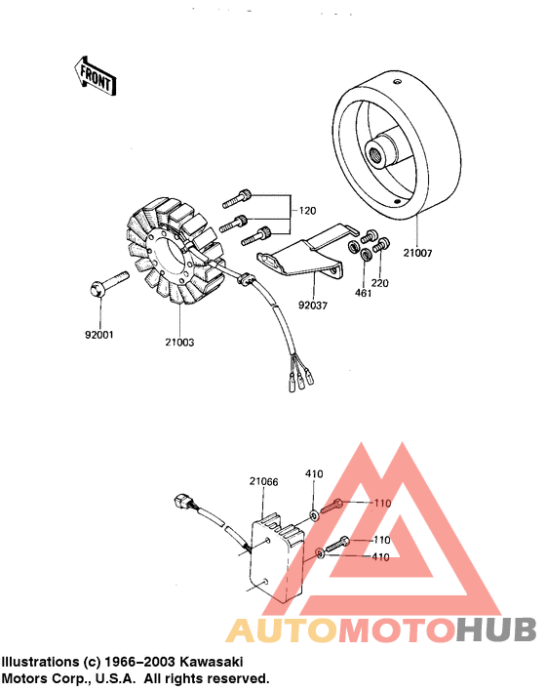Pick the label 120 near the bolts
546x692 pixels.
click(x=308, y=210)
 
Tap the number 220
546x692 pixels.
click(x=380, y=282)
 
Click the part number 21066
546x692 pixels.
click(x=263, y=481)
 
